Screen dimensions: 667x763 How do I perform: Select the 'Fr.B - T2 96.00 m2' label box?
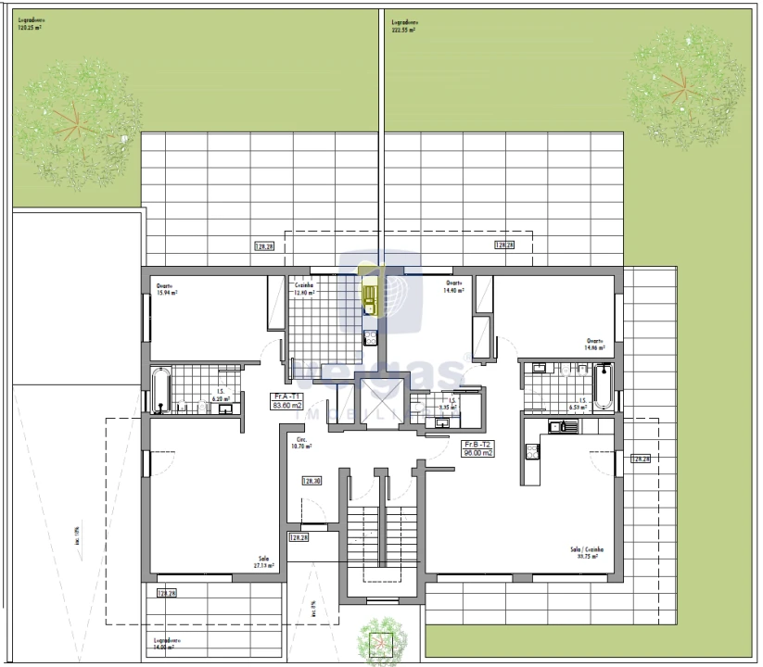click(x=479, y=449)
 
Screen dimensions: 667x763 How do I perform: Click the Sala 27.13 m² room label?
click(x=264, y=562)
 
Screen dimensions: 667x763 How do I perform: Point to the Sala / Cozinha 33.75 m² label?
click(x=584, y=553)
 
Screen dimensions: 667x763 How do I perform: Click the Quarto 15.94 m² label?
click(x=167, y=289)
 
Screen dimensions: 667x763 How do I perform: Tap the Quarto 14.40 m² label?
click(x=453, y=286)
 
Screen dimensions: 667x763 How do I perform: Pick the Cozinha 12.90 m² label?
click(x=304, y=289)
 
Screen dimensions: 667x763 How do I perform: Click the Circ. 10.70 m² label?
click(x=300, y=443)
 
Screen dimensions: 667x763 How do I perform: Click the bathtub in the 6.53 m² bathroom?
click(x=602, y=386)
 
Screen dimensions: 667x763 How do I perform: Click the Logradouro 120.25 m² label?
click(x=30, y=24)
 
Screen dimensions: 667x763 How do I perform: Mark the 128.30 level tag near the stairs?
click(x=312, y=481)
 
